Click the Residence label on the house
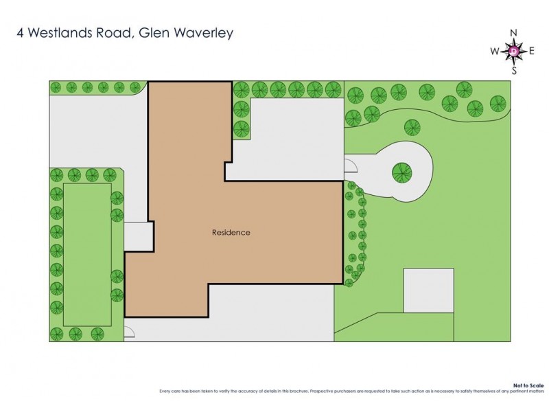click(231, 232)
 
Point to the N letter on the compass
click(514, 33)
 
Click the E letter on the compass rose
click(533, 51)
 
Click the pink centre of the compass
click(514, 51)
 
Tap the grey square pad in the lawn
click(428, 290)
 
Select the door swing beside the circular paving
click(349, 165)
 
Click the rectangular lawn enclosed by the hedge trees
click(87, 254)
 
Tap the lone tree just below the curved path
click(412, 126)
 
